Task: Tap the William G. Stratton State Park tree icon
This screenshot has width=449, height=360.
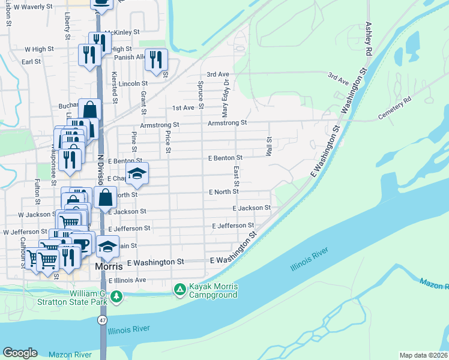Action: (116, 295)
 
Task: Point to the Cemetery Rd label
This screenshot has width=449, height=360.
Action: (396, 108)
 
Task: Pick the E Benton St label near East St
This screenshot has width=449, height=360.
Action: (225, 158)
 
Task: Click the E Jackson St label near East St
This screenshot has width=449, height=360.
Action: (252, 208)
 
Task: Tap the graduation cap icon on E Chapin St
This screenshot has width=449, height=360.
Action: (137, 174)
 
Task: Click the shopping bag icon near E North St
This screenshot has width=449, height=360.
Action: (105, 197)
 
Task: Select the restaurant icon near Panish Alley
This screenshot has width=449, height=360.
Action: (156, 59)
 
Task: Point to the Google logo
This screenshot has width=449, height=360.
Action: (20, 353)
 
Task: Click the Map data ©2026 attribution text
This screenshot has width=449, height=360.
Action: (424, 355)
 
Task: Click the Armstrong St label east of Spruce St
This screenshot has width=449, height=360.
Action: (227, 122)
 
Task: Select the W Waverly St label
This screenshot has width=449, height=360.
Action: (32, 7)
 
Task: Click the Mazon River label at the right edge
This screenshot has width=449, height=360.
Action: (435, 281)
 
